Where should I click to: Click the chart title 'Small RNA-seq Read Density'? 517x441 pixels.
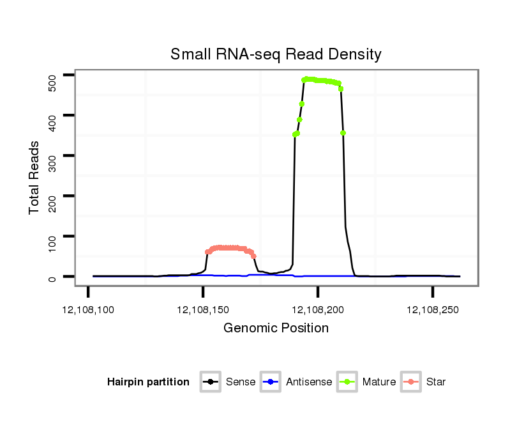point(275,54)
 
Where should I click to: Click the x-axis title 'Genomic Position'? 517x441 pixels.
point(276,329)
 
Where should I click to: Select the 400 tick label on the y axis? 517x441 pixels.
point(52,115)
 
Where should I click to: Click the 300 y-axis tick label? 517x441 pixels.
point(52,155)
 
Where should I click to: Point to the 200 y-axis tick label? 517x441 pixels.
point(52,196)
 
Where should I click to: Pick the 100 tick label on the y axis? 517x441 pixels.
point(52,236)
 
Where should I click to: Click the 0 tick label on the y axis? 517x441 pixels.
point(52,277)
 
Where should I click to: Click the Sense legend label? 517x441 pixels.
point(241,382)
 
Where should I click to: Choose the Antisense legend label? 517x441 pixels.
point(309,382)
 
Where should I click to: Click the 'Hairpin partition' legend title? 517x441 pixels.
point(148,382)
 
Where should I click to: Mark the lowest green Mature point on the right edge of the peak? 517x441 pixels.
point(343,133)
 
